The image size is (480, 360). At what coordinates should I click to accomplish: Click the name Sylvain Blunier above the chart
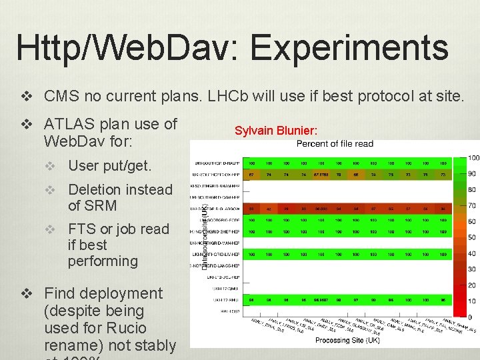276,130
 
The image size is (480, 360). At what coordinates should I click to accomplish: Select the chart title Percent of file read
335,143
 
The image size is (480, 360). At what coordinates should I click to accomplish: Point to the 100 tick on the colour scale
473,158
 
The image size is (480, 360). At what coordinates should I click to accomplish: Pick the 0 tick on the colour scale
471,317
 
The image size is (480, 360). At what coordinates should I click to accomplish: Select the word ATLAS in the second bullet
70,124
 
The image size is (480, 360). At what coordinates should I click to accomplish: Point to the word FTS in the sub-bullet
81,229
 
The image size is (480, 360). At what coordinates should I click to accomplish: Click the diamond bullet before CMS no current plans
27,96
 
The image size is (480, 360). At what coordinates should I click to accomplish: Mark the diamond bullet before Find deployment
27,293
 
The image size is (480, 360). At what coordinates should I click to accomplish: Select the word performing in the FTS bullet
102,261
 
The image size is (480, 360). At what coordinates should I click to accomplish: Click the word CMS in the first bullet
59,96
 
